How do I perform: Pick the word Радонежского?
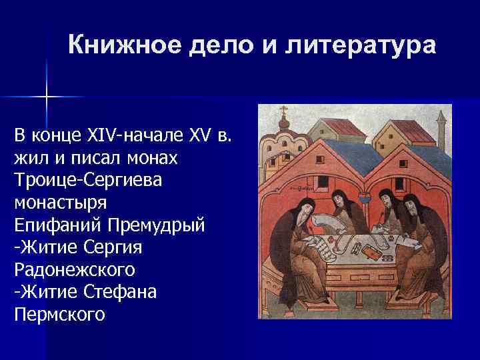[x=73, y=269]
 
